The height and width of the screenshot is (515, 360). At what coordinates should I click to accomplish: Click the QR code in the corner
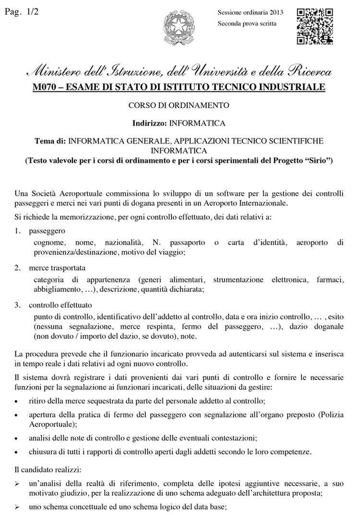315,26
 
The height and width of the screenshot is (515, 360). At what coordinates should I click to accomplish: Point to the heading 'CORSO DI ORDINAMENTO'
179,105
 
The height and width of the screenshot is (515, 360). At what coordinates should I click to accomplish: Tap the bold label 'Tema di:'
50,142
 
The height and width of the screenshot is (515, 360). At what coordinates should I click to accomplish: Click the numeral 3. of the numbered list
17,304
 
